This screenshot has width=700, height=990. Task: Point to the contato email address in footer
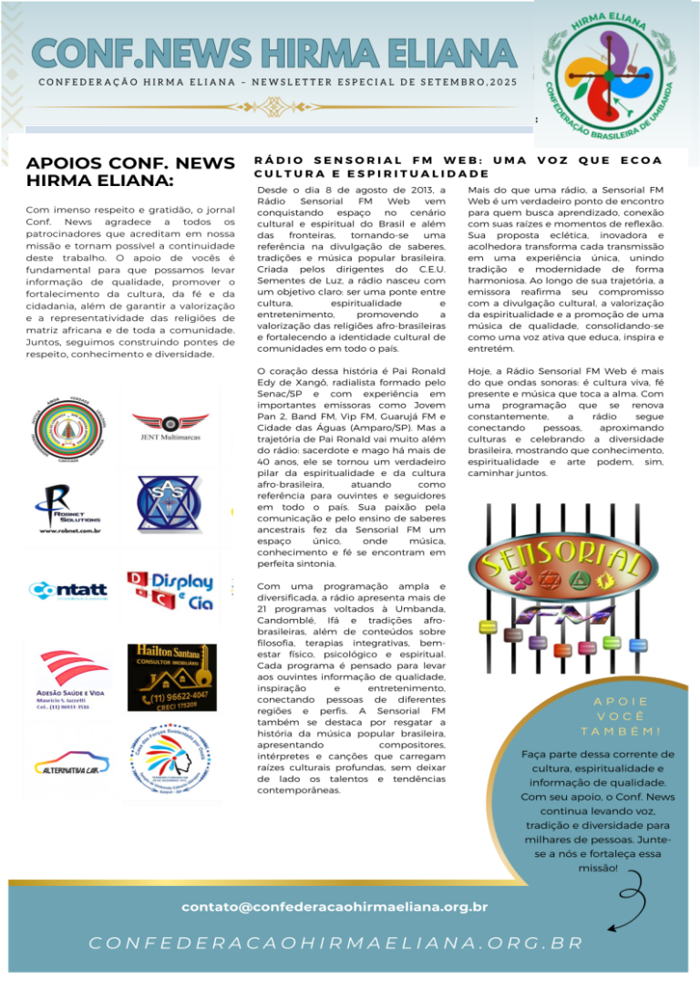click(x=335, y=907)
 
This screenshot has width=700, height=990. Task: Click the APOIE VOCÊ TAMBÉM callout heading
click(x=620, y=717)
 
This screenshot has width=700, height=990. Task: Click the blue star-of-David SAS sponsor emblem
click(x=170, y=504)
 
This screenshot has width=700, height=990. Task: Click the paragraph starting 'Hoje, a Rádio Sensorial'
click(x=565, y=423)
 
